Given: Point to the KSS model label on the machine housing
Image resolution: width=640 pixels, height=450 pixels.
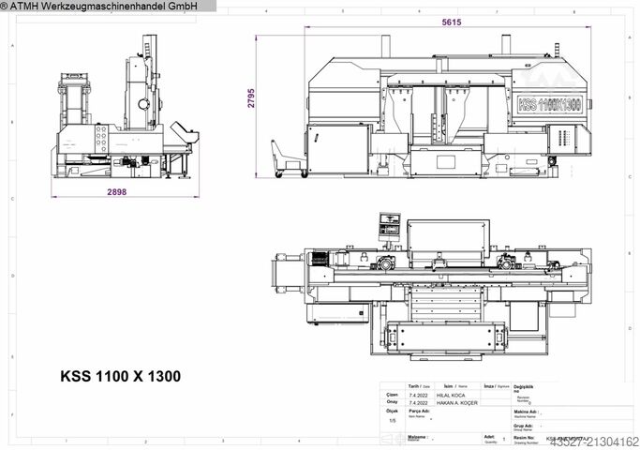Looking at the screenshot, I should [549, 102].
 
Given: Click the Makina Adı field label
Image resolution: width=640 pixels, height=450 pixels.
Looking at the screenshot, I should [525, 411].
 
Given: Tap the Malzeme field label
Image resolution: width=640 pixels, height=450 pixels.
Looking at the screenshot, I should [418, 437].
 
